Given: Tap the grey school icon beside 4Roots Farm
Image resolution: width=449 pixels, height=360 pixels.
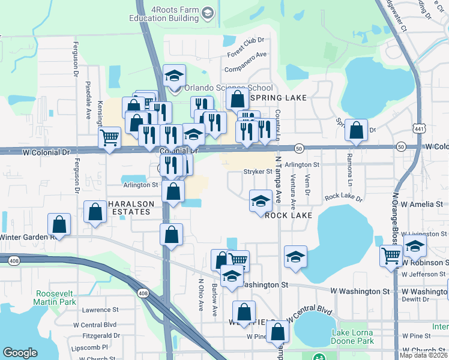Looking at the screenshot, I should tap(208, 13).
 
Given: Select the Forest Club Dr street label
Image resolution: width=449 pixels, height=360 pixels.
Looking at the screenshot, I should tap(246, 46).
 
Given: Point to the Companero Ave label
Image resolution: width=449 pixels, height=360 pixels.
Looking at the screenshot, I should tap(245, 62).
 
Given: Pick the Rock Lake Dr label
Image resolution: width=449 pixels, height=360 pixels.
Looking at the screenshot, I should tap(343, 197).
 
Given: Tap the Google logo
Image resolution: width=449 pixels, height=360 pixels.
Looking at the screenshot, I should tap(20, 353).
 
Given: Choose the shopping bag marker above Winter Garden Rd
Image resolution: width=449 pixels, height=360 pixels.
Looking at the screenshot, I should tap(59, 224).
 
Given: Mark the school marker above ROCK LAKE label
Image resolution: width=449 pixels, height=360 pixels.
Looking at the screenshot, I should tap(261, 201).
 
